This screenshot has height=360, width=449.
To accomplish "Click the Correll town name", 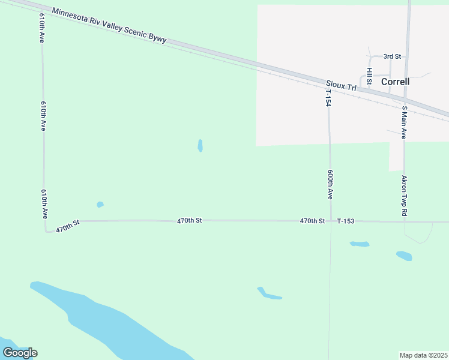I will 395,81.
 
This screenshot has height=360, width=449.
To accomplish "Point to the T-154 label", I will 328,97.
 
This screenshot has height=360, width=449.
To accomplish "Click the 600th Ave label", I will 330,184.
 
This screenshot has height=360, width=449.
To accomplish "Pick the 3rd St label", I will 392,56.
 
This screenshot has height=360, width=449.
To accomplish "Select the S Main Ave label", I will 405,122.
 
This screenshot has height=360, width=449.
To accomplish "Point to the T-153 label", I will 346,221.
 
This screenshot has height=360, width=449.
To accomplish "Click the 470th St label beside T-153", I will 312,221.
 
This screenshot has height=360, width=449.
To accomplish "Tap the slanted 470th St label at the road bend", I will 68,226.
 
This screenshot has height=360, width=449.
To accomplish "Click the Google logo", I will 20,353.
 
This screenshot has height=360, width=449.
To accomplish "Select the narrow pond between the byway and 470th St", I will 200,146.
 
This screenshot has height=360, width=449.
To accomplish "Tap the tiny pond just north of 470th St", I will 100,205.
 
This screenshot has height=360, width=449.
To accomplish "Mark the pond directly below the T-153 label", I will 360,244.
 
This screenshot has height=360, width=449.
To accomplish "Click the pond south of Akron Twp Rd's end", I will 404,256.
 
